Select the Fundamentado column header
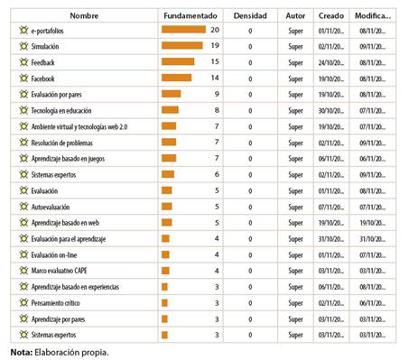tap(191, 15)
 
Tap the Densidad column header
tap(250, 15)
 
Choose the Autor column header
tap(295, 15)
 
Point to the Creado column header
tap(330, 15)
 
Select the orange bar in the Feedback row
tap(177, 62)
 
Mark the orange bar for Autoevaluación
tap(167, 207)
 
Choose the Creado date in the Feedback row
tap(329, 62)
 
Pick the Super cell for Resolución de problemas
tap(295, 143)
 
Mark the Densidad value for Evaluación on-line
tap(250, 254)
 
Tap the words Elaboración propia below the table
tap(71, 351)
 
